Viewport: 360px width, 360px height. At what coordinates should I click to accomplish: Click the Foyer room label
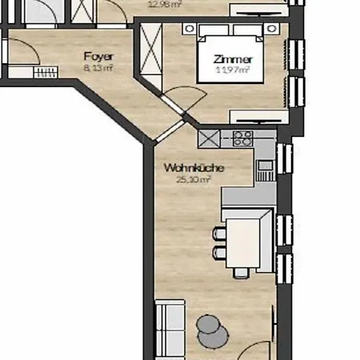(98, 57)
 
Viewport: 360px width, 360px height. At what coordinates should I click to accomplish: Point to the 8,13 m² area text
(98, 69)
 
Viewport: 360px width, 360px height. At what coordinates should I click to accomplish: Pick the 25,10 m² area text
(193, 180)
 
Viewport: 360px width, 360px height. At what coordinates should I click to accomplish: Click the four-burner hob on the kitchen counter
(243, 138)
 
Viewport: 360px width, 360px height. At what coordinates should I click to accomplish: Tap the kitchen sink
(265, 170)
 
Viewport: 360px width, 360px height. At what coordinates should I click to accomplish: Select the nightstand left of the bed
(190, 29)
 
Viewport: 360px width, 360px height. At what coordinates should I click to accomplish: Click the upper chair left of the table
(218, 234)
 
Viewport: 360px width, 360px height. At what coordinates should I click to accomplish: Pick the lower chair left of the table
(218, 253)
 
